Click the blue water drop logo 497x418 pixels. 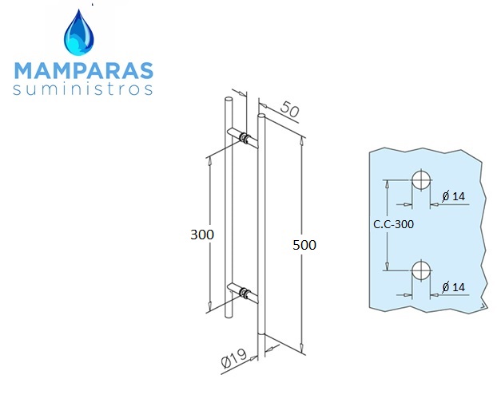pyautogui.click(x=79, y=33)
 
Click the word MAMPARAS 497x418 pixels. pyautogui.click(x=84, y=70)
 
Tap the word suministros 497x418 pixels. pyautogui.click(x=83, y=89)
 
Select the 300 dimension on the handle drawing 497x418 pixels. pyautogui.click(x=202, y=235)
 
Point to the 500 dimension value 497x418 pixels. pyautogui.click(x=304, y=245)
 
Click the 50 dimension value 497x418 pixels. pyautogui.click(x=290, y=109)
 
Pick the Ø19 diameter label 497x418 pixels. pyautogui.click(x=234, y=358)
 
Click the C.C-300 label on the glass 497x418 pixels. pyautogui.click(x=393, y=224)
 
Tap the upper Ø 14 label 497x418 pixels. pyautogui.click(x=454, y=196)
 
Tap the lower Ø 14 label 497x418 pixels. pyautogui.click(x=454, y=287)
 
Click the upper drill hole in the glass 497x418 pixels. pyautogui.click(x=421, y=180)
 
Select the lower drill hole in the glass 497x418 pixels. pyautogui.click(x=421, y=271)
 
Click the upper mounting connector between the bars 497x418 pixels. pyautogui.click(x=245, y=138)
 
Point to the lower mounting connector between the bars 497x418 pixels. pyautogui.click(x=245, y=293)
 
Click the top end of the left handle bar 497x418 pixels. pyautogui.click(x=229, y=99)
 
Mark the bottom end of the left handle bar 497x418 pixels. pyautogui.click(x=229, y=315)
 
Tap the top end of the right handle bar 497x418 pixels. pyautogui.click(x=262, y=116)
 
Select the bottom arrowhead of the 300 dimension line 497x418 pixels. pyautogui.click(x=209, y=306)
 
